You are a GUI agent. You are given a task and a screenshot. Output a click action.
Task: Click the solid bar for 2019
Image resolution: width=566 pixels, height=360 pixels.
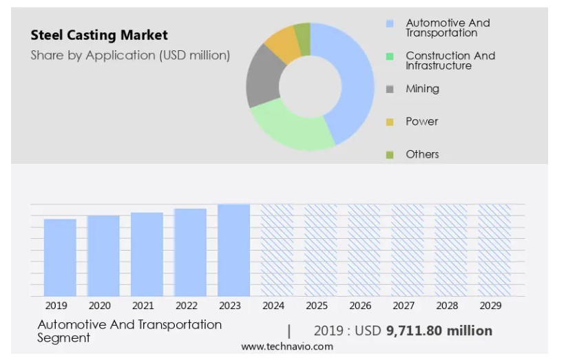60,257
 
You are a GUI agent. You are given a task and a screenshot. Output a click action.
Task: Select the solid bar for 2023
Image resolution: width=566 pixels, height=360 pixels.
233,250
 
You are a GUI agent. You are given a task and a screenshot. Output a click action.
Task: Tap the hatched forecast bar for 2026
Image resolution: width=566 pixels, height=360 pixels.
364,250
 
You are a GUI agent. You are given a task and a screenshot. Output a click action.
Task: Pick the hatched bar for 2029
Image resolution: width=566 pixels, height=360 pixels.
494,250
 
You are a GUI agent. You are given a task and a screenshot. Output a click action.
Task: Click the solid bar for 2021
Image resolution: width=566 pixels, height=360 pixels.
147,254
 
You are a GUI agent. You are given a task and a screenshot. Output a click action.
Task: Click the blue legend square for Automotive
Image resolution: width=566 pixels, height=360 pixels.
390,23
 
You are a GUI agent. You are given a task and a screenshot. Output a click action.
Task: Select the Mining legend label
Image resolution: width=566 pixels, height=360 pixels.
422,89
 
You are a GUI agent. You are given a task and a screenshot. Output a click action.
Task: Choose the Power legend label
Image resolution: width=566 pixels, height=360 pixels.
421,121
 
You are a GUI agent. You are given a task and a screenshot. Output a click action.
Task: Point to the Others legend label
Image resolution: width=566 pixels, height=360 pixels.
422,154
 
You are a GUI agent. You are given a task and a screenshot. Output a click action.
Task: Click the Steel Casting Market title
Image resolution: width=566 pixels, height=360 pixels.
99,35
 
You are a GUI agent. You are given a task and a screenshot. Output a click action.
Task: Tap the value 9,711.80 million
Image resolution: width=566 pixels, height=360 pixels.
439,331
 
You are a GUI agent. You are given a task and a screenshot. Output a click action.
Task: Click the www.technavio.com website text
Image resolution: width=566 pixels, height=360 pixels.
286,346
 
